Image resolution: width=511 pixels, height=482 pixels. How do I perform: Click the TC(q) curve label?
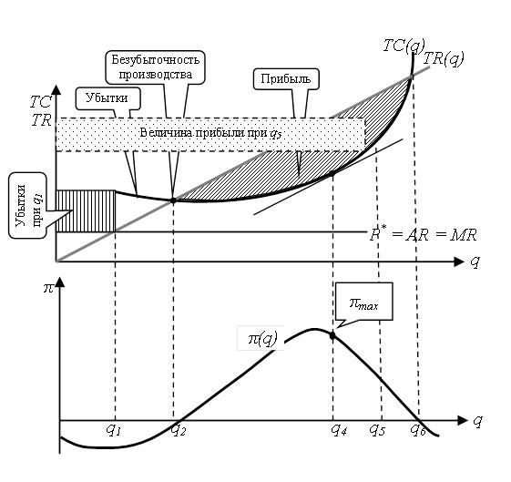[404, 46]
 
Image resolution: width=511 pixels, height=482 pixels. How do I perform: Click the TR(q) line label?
[444, 59]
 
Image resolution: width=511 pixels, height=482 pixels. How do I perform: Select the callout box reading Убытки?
[108, 98]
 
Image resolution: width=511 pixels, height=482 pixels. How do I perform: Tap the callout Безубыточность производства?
[155, 67]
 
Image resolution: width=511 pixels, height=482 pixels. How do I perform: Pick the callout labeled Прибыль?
[286, 79]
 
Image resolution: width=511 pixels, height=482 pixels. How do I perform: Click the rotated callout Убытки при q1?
[28, 205]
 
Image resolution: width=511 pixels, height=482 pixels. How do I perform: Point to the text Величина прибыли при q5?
[210, 133]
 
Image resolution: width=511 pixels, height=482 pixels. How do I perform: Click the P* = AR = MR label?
[424, 235]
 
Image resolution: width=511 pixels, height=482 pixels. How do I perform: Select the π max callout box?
[364, 302]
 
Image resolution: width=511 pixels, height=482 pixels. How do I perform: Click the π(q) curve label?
[262, 339]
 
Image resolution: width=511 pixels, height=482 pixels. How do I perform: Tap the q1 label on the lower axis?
[114, 430]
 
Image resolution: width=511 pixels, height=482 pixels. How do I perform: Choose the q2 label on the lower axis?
[179, 430]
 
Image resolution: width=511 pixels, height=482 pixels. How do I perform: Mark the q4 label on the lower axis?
[339, 430]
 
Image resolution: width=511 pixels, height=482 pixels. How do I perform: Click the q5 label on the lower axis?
[377, 430]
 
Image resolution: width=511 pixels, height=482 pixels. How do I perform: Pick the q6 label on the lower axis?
[418, 430]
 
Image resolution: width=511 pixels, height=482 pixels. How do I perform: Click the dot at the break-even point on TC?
[173, 200]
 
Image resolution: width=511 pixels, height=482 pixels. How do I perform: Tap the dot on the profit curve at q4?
[332, 335]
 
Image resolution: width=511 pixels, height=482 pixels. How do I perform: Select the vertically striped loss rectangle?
[86, 211]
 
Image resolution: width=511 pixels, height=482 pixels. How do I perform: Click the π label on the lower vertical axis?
[48, 289]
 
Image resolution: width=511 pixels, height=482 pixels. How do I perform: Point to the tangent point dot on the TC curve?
[332, 174]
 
